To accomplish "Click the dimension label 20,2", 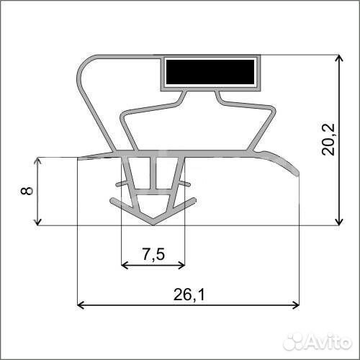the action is [x=328, y=140].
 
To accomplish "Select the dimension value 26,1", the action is [x=189, y=294].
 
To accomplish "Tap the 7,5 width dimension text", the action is [x=153, y=254].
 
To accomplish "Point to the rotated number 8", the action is [x=27, y=191].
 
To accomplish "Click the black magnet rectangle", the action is [x=210, y=72].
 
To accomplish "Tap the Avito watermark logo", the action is [x=318, y=341].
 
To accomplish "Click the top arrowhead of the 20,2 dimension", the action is [x=338, y=58].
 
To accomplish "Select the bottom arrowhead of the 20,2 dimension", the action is [x=338, y=222].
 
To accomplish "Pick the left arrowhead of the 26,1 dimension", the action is [x=81, y=305].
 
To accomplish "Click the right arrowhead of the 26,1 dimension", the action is [x=296, y=305].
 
